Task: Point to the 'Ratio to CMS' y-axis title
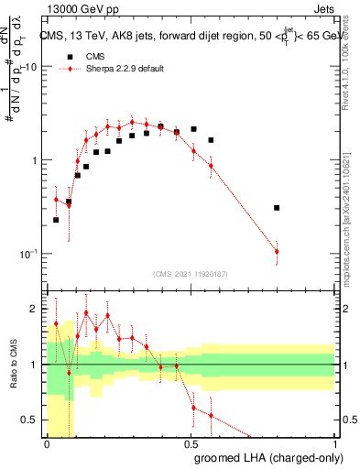coord(13,366)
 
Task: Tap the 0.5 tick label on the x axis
coord(191,444)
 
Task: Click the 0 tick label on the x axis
coord(48,444)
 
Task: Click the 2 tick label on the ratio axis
coord(35,309)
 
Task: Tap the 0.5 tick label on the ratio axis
coord(31,420)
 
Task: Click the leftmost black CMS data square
coord(56,220)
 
